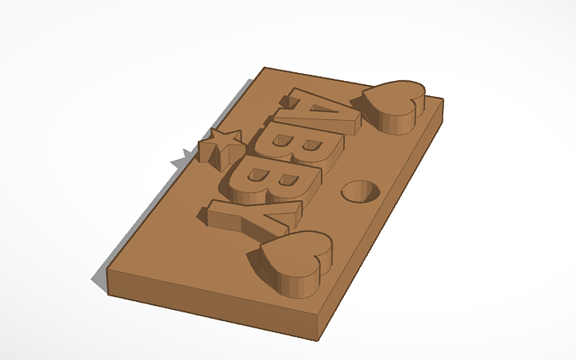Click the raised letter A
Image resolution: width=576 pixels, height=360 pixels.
[x=322, y=111]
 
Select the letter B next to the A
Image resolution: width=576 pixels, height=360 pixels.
[x=305, y=147]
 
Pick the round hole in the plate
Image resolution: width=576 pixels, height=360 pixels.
[x=359, y=191]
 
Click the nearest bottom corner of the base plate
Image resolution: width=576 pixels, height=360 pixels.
[x=321, y=339]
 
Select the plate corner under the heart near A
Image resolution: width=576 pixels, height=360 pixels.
[x=443, y=101]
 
